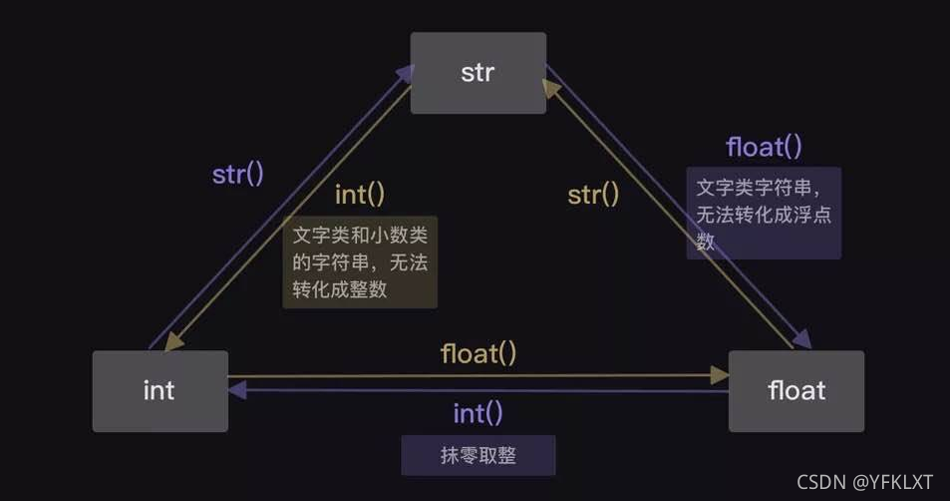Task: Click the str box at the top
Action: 478,73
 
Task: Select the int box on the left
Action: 159,390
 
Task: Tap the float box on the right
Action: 796,390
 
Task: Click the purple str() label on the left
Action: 238,173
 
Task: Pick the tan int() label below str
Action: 360,194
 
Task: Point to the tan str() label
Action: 593,194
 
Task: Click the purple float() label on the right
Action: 764,147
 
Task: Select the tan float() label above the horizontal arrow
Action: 478,353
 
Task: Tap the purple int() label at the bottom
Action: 478,412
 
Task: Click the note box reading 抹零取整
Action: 478,455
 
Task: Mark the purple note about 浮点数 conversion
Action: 764,213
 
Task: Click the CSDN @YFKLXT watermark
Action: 865,481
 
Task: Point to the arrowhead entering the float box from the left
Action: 720,376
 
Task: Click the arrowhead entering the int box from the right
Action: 237,391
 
